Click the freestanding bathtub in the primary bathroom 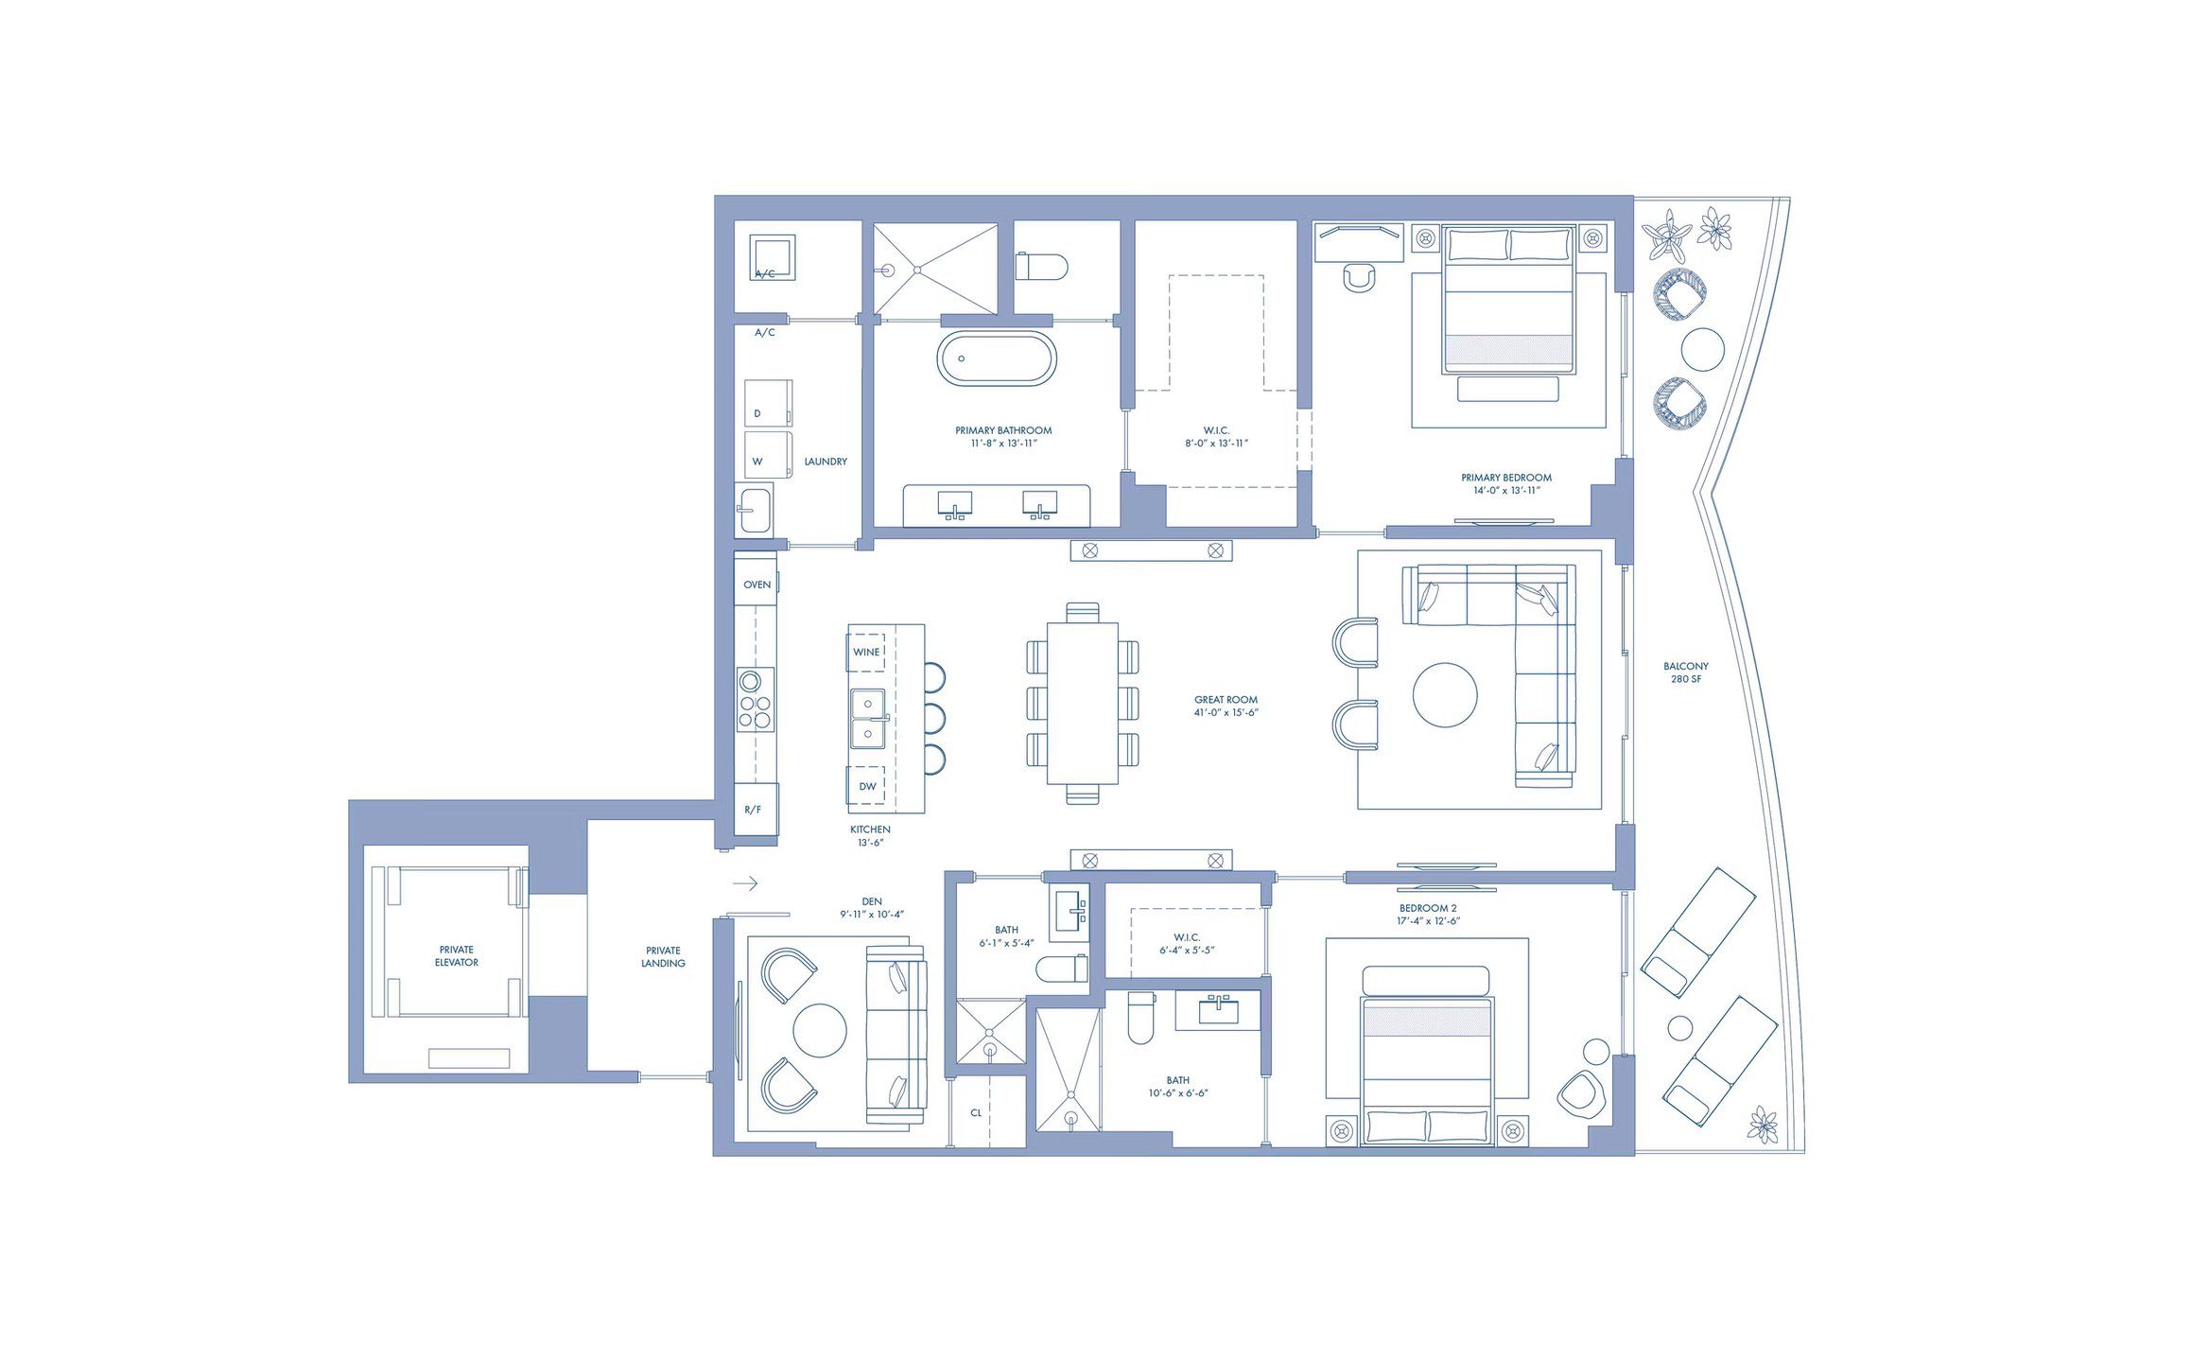(x=997, y=358)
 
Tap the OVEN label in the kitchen (x=756, y=585)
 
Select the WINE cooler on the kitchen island (x=866, y=652)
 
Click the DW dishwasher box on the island (x=867, y=786)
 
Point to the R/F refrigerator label (x=753, y=810)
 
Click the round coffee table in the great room (x=1444, y=695)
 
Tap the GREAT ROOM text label (x=1226, y=700)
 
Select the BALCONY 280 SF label (x=1686, y=672)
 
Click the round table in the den (x=820, y=1030)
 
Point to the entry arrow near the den (x=745, y=883)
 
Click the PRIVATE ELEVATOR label (x=456, y=955)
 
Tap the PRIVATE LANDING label (x=663, y=956)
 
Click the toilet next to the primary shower (x=1042, y=267)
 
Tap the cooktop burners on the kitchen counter (x=755, y=701)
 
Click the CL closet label (x=976, y=1113)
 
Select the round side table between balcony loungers (x=1680, y=1027)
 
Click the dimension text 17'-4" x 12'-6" (x=1428, y=921)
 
